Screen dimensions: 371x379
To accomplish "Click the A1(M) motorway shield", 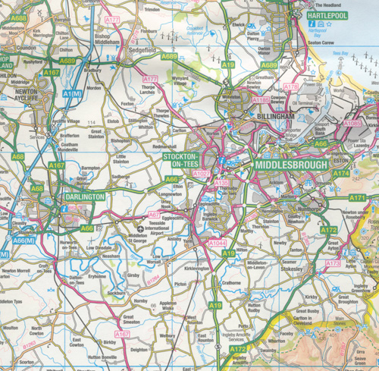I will pos(75,93).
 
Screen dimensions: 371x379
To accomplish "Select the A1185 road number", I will pos(261,99).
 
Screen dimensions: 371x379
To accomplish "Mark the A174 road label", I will pos(340,173).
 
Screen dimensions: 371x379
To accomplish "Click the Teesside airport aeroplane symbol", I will pos(139,227).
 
